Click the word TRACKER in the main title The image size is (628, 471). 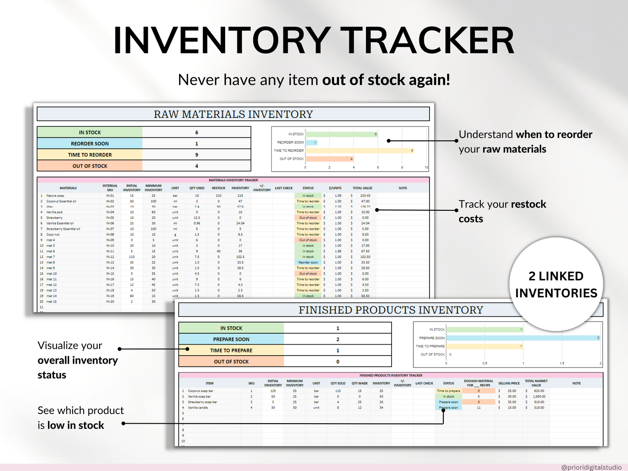[428, 40]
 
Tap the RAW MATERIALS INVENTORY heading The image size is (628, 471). [233, 114]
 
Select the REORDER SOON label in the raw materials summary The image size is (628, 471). [90, 144]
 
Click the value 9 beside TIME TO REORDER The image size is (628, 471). [196, 155]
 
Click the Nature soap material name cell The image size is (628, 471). [56, 196]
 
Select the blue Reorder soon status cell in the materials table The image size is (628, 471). [308, 262]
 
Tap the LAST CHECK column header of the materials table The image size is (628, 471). [284, 188]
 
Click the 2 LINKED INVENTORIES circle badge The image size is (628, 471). [556, 285]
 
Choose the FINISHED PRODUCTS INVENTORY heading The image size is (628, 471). [390, 310]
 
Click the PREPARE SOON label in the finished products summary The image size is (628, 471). [231, 339]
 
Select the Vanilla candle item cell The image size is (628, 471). [198, 408]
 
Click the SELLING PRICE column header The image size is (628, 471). [509, 383]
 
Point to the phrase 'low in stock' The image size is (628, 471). [76, 425]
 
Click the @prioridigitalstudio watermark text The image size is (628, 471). [591, 468]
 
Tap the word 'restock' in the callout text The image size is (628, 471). [528, 204]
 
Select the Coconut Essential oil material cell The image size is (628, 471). [61, 201]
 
